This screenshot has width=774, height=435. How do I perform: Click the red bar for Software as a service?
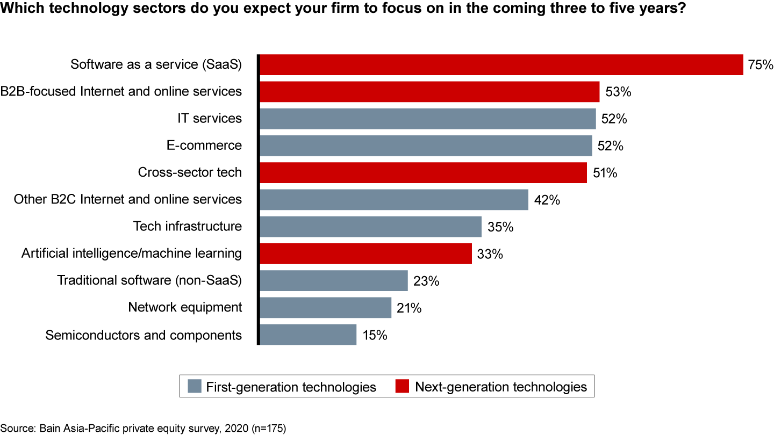click(x=501, y=64)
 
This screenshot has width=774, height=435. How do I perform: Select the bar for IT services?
click(x=428, y=119)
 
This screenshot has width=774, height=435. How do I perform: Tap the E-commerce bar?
click(x=426, y=146)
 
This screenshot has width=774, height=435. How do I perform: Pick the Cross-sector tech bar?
click(x=423, y=173)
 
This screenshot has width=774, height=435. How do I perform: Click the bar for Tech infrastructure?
click(x=370, y=227)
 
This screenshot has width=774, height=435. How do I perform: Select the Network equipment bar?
click(x=325, y=308)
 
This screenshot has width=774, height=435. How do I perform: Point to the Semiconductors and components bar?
click(x=307, y=335)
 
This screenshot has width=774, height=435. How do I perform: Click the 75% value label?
click(x=760, y=65)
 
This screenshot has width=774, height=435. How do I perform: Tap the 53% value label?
click(x=618, y=92)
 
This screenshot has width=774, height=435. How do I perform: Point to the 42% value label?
click(x=547, y=200)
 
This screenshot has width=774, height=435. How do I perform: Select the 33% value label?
click(x=490, y=253)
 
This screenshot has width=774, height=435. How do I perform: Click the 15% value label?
click(x=375, y=335)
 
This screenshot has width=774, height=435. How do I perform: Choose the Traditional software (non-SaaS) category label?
click(x=149, y=280)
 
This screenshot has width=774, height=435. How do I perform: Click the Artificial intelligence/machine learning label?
click(x=132, y=253)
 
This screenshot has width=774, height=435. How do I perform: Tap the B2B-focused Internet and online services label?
click(x=121, y=91)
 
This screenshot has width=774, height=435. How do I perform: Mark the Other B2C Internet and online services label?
click(x=128, y=200)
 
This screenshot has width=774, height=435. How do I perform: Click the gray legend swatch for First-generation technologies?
click(x=195, y=386)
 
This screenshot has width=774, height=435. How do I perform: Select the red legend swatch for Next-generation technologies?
click(x=402, y=386)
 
